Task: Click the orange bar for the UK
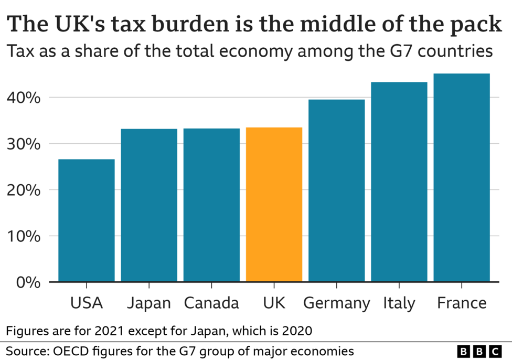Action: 274,205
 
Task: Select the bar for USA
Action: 87,220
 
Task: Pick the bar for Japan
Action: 149,205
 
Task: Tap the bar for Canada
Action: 211,205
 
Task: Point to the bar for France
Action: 462,178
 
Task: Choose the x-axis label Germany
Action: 337,303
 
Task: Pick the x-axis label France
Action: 462,303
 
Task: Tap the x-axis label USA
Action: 87,303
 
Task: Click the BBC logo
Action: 479,351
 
